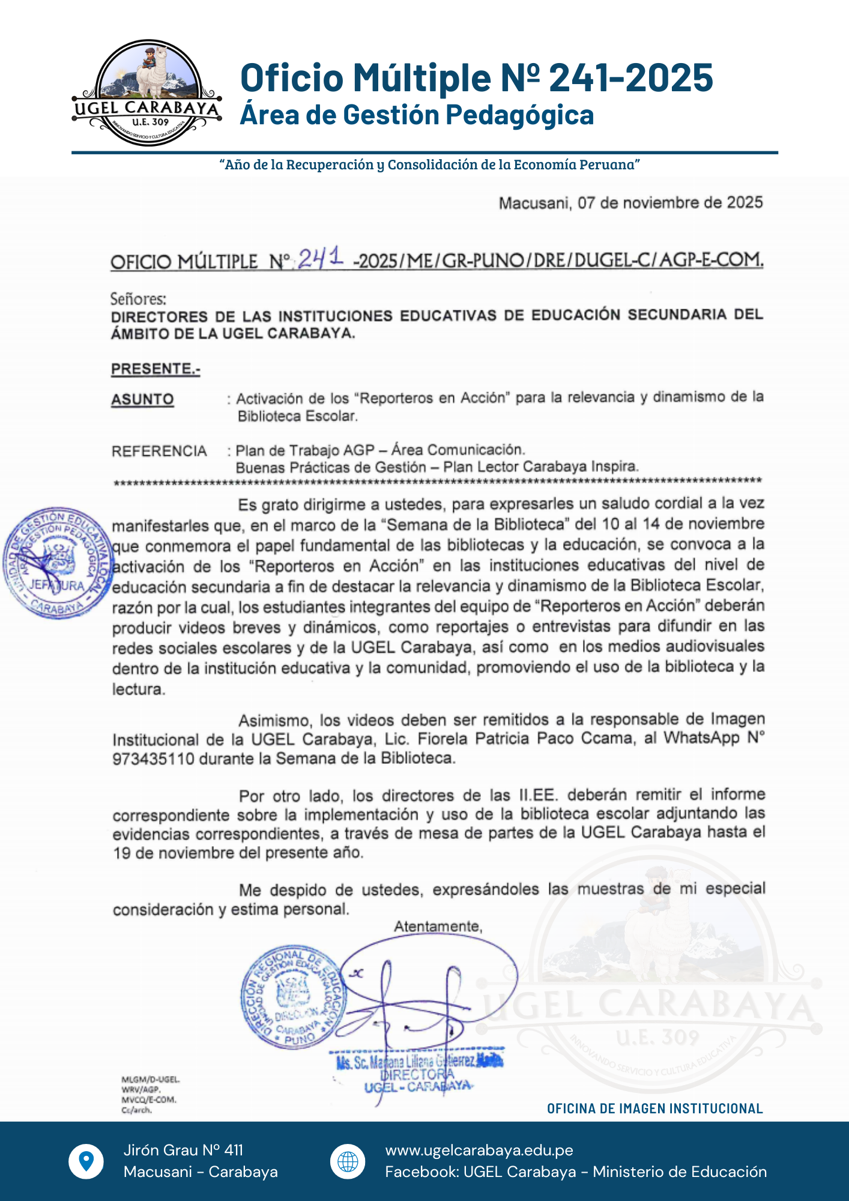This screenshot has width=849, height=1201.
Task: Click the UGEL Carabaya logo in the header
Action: pyautogui.click(x=147, y=93)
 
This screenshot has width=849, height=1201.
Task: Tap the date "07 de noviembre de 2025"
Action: pyautogui.click(x=670, y=203)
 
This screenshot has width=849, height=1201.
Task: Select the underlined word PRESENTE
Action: pyautogui.click(x=155, y=369)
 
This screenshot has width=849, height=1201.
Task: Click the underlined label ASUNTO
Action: pyautogui.click(x=142, y=399)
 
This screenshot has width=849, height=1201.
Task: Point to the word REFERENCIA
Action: pyautogui.click(x=159, y=451)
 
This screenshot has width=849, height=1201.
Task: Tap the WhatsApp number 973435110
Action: pyautogui.click(x=154, y=759)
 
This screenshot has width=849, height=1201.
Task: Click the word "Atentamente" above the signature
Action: pyautogui.click(x=438, y=927)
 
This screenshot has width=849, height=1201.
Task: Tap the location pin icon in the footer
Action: pyautogui.click(x=86, y=1161)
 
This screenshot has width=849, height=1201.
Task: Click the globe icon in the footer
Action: pyautogui.click(x=348, y=1161)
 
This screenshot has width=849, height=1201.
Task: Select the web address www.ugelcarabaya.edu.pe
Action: pyautogui.click(x=479, y=1150)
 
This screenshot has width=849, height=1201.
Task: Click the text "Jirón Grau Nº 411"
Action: pyautogui.click(x=183, y=1150)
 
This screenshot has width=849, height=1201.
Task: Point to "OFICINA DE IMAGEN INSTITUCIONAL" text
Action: pyautogui.click(x=654, y=1109)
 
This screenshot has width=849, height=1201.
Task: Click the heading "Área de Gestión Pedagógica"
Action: pyautogui.click(x=417, y=115)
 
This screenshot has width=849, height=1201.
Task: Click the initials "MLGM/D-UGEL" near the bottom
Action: pyautogui.click(x=150, y=1080)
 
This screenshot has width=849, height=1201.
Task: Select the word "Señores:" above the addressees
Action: pyautogui.click(x=138, y=298)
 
